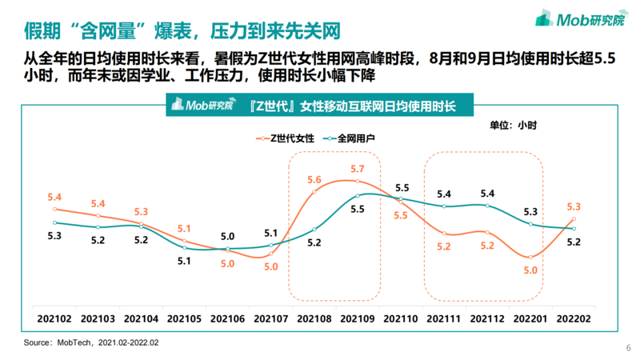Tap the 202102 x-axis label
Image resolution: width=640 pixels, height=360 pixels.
[x=55, y=318]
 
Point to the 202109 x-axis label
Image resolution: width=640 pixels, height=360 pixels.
[x=358, y=318]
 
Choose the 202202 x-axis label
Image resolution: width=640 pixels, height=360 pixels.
[x=574, y=318]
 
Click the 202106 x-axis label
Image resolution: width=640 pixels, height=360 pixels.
[x=228, y=318]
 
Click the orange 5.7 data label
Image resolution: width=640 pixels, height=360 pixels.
[x=358, y=169]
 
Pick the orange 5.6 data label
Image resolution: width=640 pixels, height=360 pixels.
[x=314, y=179]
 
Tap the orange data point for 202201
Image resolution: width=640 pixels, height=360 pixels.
[x=530, y=257]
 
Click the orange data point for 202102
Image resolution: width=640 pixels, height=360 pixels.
[x=55, y=210]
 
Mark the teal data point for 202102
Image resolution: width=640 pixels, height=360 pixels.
[x=55, y=222]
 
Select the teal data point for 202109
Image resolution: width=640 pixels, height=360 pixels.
[x=358, y=195]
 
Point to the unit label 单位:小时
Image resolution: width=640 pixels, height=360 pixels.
[x=513, y=125]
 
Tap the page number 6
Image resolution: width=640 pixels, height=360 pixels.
[x=628, y=348]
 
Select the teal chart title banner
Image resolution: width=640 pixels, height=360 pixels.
[x=320, y=106]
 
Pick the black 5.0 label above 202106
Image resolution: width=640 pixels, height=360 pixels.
[x=228, y=236]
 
